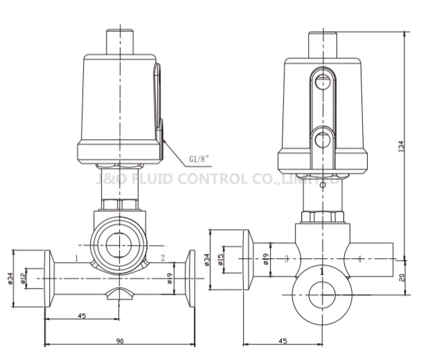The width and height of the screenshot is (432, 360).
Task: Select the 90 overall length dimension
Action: tap(120, 341)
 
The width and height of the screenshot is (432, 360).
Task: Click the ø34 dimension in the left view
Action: tap(10, 278)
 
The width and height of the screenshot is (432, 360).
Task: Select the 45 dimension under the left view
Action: tap(82, 316)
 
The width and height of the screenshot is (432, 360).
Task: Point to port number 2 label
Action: tap(163, 258)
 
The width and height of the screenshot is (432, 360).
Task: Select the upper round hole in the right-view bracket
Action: tap(322, 82)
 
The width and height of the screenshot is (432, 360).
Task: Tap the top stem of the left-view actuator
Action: tap(122, 41)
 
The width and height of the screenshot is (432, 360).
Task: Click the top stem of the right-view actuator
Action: tap(322, 42)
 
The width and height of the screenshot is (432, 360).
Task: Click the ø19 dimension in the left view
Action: tap(170, 278)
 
